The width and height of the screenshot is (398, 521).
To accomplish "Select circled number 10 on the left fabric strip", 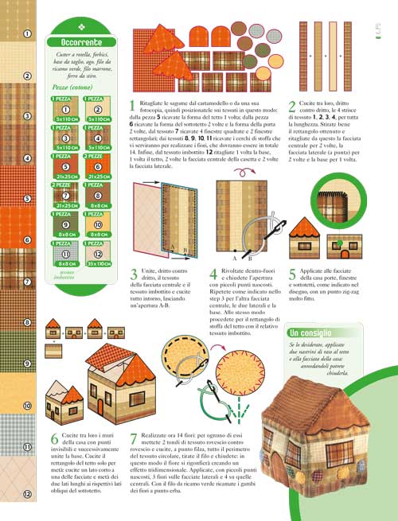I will (x=27, y=406).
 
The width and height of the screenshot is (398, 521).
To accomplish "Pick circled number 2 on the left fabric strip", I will (x=27, y=76).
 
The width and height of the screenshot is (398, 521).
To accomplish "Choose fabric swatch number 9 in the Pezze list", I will (x=67, y=226).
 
